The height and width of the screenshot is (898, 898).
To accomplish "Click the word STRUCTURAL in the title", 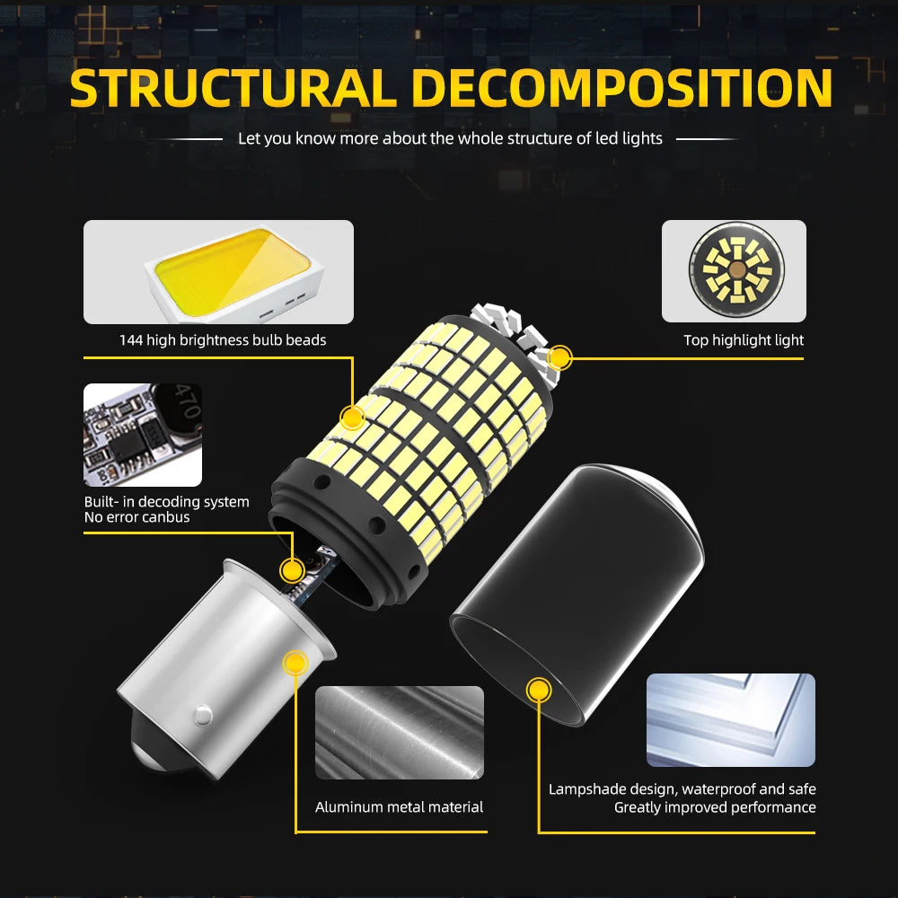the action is [x=233, y=88].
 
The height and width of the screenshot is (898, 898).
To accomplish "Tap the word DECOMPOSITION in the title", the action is [x=621, y=88].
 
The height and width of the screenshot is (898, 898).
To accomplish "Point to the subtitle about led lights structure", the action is [x=450, y=138].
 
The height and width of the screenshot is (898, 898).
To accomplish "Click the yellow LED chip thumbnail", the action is [x=218, y=272].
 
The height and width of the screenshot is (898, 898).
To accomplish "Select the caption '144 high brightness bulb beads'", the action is [x=223, y=340].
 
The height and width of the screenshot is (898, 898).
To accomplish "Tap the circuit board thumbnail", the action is [x=143, y=435].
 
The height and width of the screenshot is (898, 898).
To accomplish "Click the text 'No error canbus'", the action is [x=136, y=517].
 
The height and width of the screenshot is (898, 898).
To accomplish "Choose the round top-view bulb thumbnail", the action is [x=734, y=271].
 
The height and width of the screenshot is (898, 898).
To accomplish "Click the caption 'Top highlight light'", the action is [x=744, y=340].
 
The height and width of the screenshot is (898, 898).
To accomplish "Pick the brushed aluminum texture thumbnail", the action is [x=400, y=733].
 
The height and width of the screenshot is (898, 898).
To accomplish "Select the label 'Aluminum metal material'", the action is [x=399, y=807].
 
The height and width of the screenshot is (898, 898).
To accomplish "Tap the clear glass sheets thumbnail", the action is [x=731, y=720].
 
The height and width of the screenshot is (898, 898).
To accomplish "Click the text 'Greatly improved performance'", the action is [x=715, y=807].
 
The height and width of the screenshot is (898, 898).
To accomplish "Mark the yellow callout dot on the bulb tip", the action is [x=559, y=358].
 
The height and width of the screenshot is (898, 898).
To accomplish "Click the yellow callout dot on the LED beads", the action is [x=352, y=418].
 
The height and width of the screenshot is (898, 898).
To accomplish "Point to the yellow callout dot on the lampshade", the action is [x=539, y=690].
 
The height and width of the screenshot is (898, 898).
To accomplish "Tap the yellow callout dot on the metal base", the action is [x=295, y=664].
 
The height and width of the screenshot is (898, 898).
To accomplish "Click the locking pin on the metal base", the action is [x=203, y=715].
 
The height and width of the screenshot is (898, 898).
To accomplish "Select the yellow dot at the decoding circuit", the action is [x=292, y=570].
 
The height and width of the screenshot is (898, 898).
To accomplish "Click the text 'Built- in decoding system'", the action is [x=167, y=502].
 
